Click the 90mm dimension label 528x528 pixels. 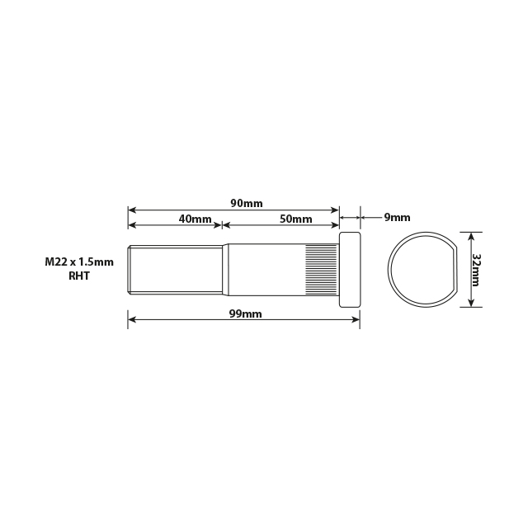[x=246, y=203]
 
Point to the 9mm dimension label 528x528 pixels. [x=397, y=218]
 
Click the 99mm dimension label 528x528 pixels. [x=246, y=314]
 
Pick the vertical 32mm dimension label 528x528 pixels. [x=476, y=269]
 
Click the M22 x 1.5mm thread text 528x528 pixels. [x=79, y=262]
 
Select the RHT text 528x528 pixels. [x=79, y=276]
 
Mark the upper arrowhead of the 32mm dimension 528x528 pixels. [x=470, y=236]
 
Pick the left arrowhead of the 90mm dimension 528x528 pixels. [x=131, y=210]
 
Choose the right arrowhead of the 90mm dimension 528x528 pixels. [x=336, y=210]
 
